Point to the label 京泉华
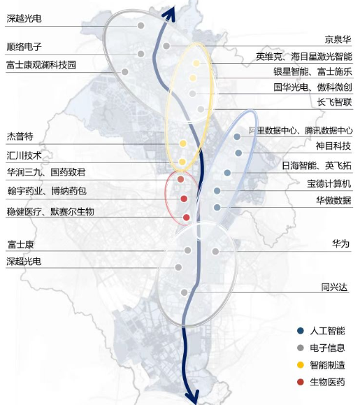tap(337, 40)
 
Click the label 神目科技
tap(333, 146)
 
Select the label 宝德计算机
tap(329, 185)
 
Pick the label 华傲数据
tap(333, 200)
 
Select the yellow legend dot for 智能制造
tap(300, 364)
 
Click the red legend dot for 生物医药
tap(300, 382)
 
